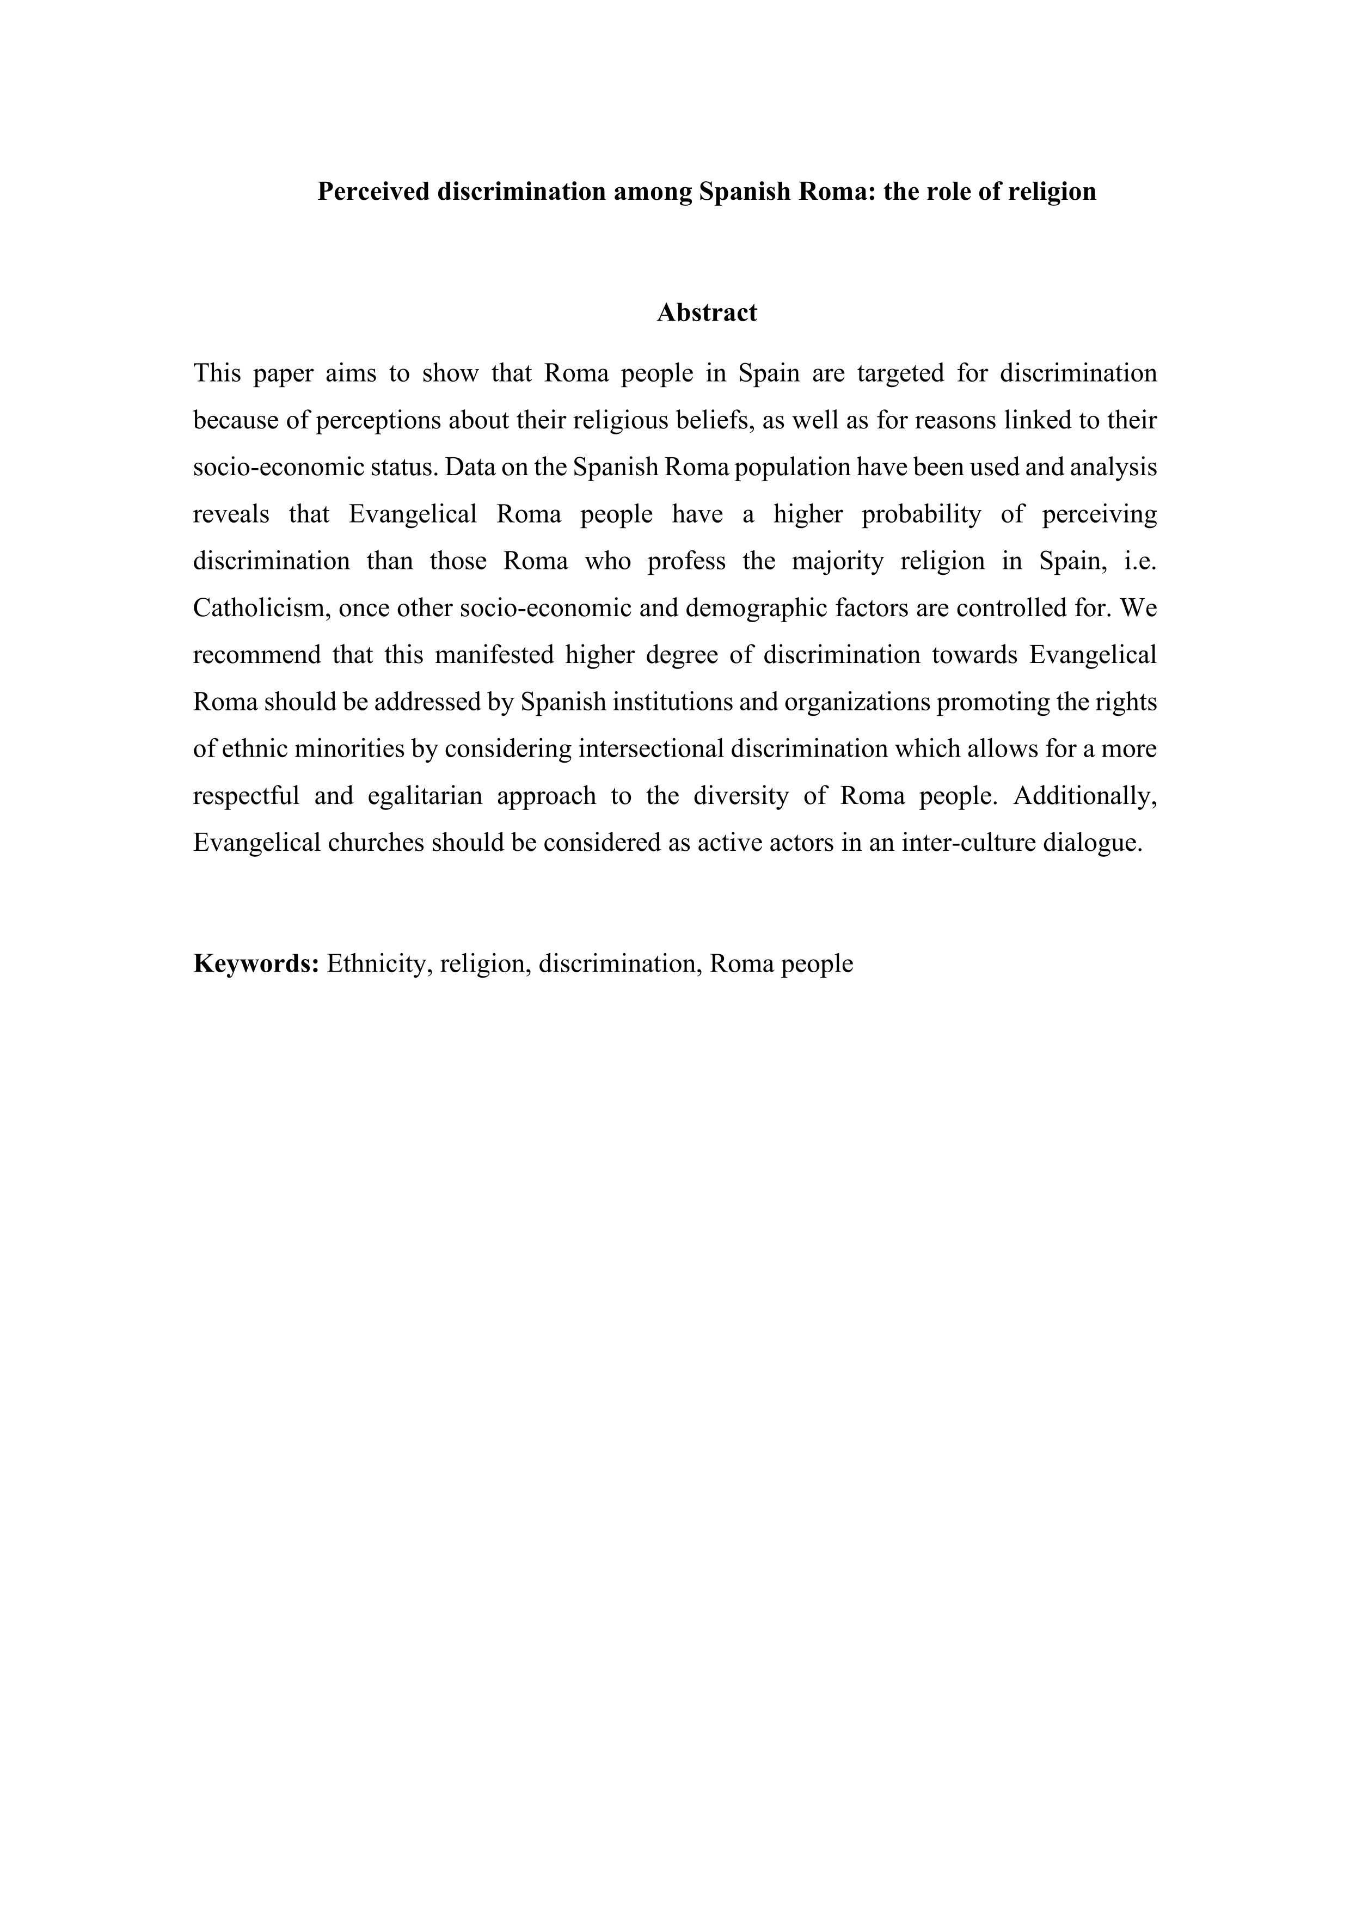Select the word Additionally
(1084, 796)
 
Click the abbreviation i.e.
(1140, 561)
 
